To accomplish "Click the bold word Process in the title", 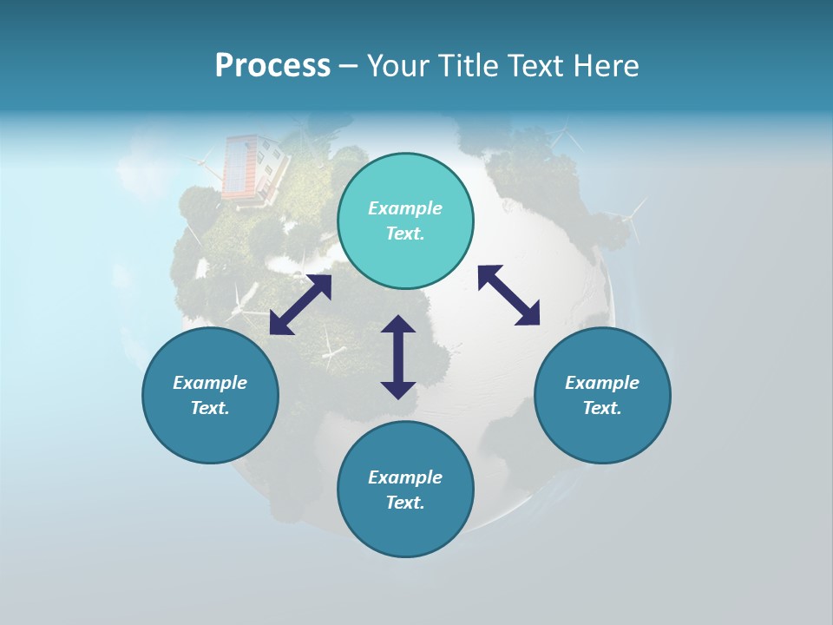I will (272, 66).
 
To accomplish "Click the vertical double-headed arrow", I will (398, 357).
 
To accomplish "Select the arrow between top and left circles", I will (300, 305).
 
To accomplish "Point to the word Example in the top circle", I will (405, 208).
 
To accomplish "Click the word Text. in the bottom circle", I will (405, 503).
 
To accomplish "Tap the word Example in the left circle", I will (210, 383).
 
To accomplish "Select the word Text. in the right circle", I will (602, 408).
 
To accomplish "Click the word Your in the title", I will (396, 66).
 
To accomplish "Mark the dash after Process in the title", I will (349, 66).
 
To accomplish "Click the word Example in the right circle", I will (602, 383).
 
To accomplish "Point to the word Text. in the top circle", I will (405, 234).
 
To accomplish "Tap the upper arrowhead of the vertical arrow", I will (398, 326).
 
